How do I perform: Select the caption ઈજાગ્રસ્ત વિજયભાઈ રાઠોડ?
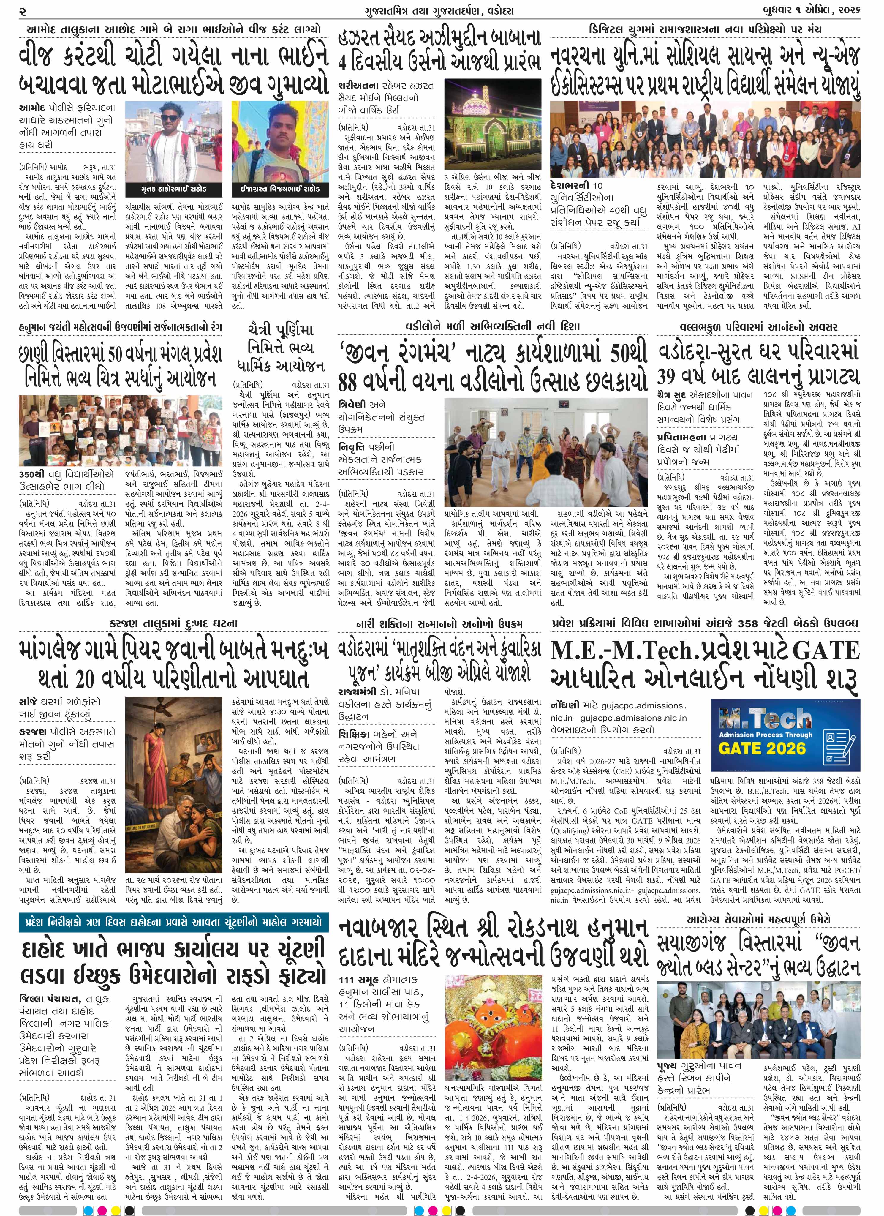click(279, 189)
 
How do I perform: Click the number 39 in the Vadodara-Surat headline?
click(674, 376)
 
